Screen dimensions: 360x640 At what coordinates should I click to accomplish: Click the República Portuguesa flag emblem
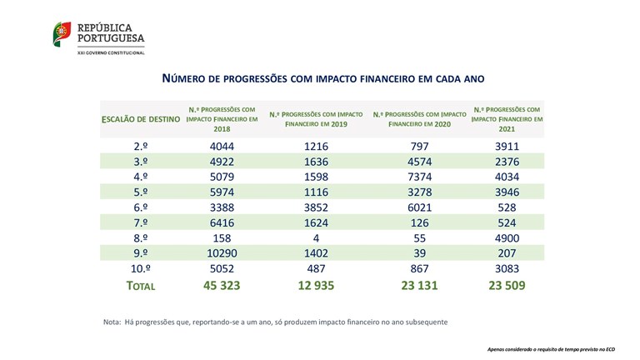pos(62,35)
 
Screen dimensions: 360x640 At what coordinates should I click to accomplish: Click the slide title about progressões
pos(322,77)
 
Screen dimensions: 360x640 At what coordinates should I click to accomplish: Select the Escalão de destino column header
pos(140,120)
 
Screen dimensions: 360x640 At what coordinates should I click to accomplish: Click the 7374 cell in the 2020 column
pos(418,177)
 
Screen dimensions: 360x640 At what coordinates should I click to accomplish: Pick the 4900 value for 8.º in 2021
pos(507,237)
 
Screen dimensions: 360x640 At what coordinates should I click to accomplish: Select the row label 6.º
pos(141,207)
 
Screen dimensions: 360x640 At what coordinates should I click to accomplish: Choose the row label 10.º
pos(141,267)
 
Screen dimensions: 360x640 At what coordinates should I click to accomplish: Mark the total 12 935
pos(315,285)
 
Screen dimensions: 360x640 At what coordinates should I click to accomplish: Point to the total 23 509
pos(507,285)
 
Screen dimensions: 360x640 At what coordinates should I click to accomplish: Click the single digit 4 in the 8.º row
pos(315,237)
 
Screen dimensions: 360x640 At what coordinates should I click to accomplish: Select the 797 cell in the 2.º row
pos(418,147)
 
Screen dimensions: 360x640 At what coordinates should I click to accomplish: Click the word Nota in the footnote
pos(112,322)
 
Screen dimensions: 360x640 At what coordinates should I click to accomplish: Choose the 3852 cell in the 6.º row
pos(315,207)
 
